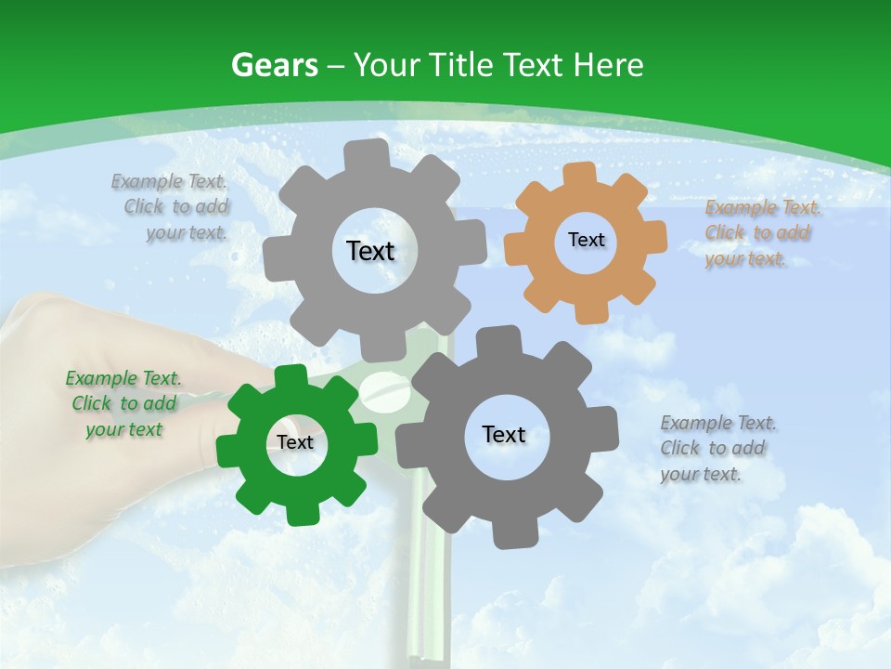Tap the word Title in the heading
click(461, 65)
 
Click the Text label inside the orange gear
click(586, 240)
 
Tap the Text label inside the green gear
click(295, 442)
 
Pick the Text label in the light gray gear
click(370, 251)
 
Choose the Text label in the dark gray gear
click(504, 434)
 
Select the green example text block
click(123, 403)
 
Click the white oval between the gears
click(380, 388)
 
